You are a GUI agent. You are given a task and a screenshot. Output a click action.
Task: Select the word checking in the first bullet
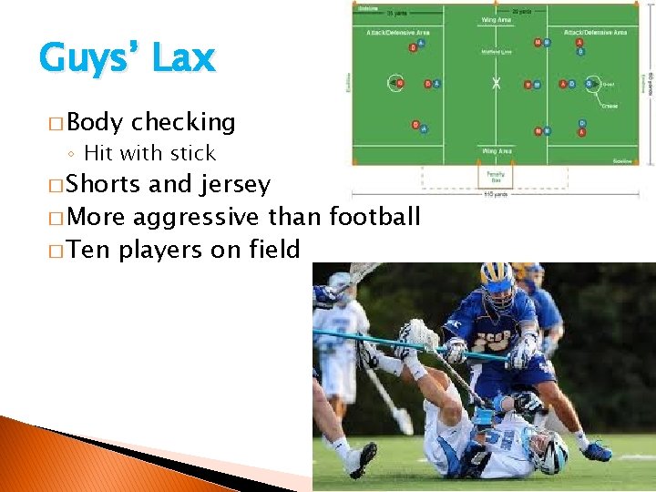[x=183, y=122]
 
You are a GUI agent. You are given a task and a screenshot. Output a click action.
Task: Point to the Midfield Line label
[x=496, y=53]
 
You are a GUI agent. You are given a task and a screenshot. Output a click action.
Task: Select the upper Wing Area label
[x=496, y=20]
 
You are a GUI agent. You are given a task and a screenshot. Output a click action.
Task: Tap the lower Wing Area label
[x=496, y=151]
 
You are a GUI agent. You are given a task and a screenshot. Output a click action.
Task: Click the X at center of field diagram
[x=497, y=84]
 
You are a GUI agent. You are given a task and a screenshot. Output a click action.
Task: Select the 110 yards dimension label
[x=497, y=193]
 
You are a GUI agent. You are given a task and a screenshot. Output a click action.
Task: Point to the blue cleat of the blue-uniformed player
[x=597, y=450]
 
